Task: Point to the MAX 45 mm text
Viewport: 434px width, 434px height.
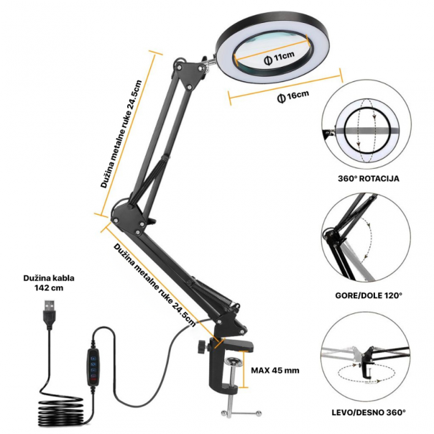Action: [275, 371]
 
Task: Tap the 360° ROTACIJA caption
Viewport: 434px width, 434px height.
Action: [367, 177]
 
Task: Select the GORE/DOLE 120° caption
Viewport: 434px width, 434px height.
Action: [367, 295]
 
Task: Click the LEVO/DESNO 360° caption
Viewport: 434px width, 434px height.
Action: [367, 412]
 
